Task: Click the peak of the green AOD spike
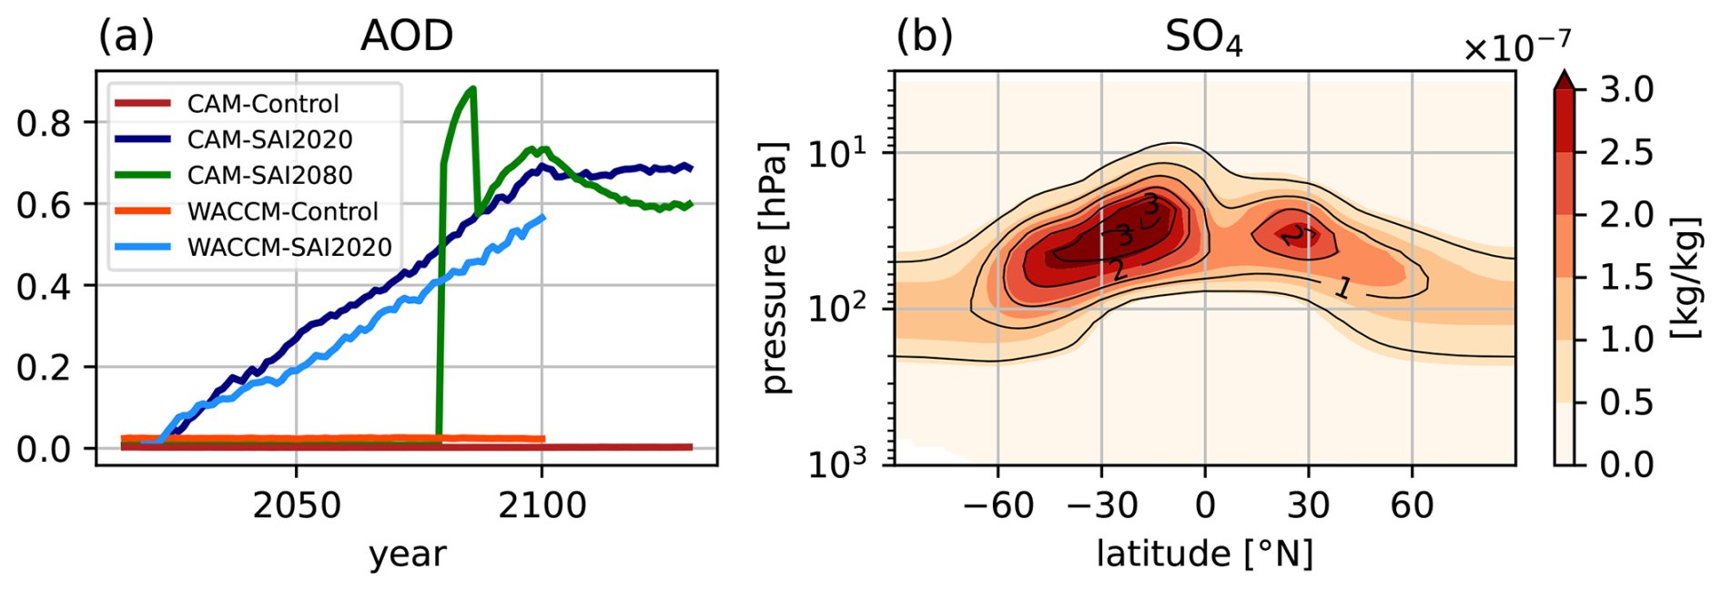tap(473, 88)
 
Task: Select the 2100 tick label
tap(542, 504)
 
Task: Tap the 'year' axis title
tap(407, 554)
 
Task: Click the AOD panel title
tap(407, 36)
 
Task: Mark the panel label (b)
tap(925, 36)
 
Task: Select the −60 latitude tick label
tap(998, 504)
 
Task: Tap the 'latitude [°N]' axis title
tap(1204, 554)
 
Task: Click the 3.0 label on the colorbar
tap(1626, 90)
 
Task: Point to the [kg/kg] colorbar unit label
tap(1687, 277)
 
